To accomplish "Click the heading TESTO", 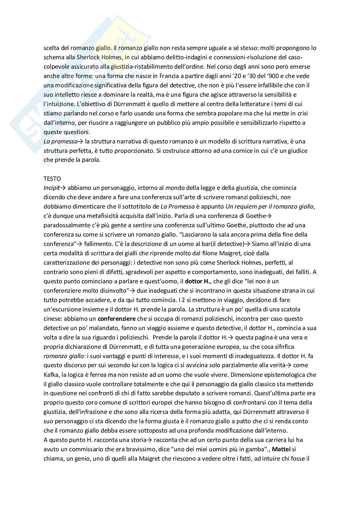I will click(x=52, y=178).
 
